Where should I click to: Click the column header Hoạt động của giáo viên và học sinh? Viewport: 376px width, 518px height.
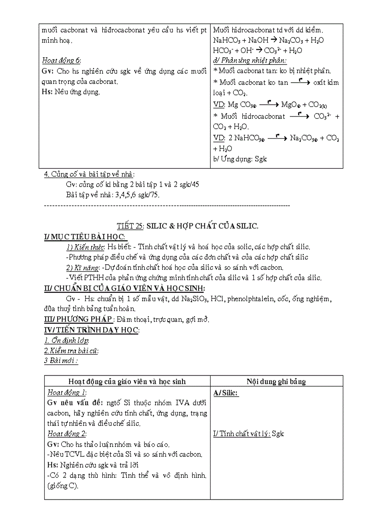(127, 381)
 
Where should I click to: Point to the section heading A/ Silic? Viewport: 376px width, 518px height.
(226, 393)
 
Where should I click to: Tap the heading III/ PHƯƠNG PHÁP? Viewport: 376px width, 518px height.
(78, 319)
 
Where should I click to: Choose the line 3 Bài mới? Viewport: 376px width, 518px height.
(61, 360)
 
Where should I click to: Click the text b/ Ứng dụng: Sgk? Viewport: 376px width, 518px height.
(240, 159)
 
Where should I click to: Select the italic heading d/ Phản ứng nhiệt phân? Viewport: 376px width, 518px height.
(250, 60)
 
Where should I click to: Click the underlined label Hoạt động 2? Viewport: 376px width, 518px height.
(66, 433)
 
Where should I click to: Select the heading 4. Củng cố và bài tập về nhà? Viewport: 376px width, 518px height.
(88, 174)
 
